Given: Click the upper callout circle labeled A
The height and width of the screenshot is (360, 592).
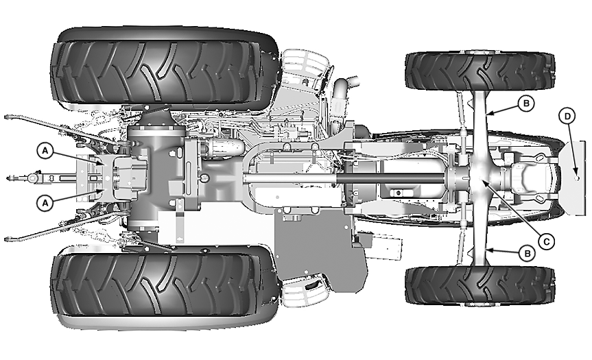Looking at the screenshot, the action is [45, 151].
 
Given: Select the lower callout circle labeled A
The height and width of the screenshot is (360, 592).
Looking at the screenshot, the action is [45, 203].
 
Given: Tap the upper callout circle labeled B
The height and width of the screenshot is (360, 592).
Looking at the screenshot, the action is [526, 104].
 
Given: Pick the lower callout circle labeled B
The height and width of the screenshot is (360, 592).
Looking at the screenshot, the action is [528, 254].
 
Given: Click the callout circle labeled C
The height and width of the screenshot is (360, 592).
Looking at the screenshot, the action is [546, 241].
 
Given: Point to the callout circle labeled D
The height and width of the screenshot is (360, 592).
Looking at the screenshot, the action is [567, 116].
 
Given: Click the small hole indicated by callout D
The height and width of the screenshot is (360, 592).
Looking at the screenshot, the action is [576, 178].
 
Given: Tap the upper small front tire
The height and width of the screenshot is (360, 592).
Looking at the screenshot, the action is [479, 71].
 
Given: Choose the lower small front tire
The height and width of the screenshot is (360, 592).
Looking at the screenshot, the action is [479, 285].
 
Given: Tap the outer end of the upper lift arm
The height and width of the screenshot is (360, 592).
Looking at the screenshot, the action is [7, 117].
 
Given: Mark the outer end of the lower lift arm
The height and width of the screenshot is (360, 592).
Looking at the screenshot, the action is [7, 239].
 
